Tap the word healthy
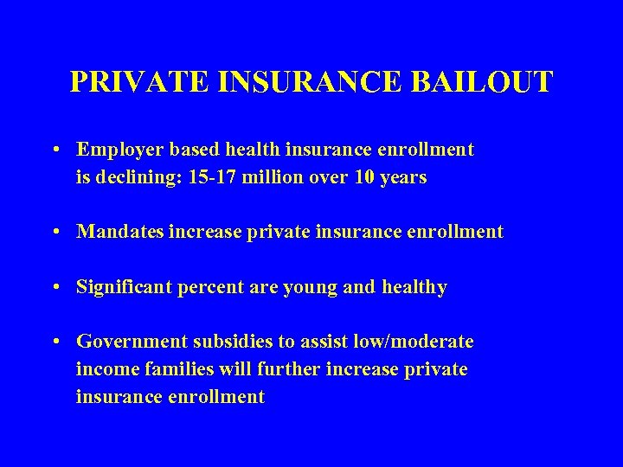413,287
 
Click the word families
183,369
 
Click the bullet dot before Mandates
55,232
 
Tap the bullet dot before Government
55,342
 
